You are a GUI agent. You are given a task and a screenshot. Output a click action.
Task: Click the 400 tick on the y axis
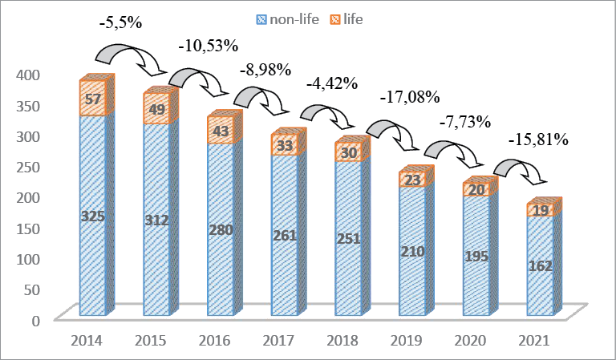pos(28,74)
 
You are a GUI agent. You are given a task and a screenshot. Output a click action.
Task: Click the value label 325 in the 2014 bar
pos(93,216)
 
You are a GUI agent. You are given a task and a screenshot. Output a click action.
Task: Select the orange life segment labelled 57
pos(93,98)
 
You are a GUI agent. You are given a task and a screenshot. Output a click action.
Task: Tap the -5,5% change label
pos(120,23)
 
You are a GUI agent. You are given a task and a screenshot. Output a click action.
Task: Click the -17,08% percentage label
pos(410,98)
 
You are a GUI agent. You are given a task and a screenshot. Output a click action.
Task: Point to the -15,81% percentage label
pos(538,140)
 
